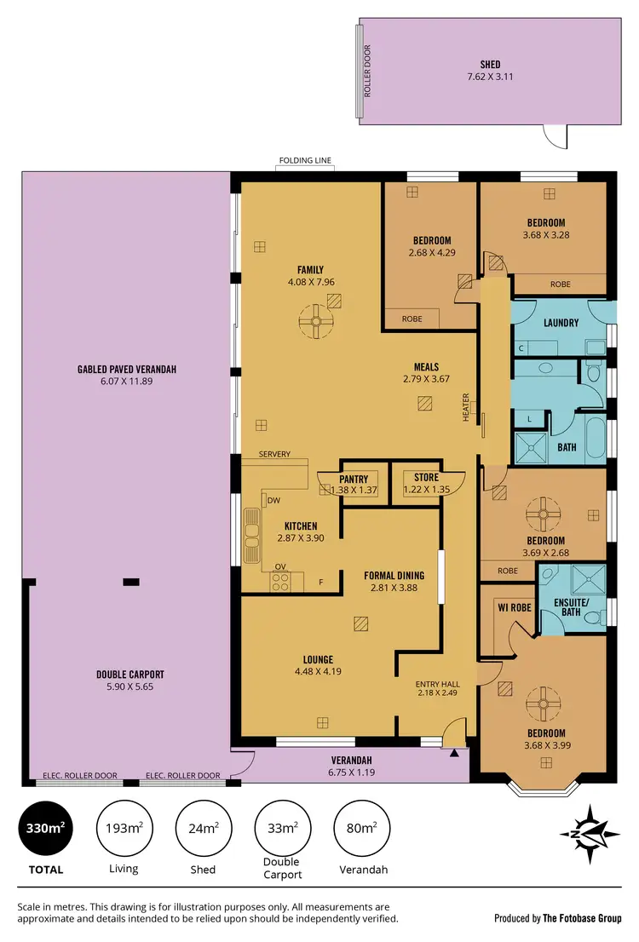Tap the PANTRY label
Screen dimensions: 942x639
352,479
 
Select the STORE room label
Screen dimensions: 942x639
426,478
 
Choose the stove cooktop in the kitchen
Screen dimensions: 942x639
281,583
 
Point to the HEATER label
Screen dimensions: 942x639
466,406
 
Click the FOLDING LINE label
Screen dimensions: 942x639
304,160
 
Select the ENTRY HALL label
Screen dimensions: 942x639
437,684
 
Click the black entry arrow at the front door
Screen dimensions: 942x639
454,752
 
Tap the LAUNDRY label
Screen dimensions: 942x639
561,323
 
